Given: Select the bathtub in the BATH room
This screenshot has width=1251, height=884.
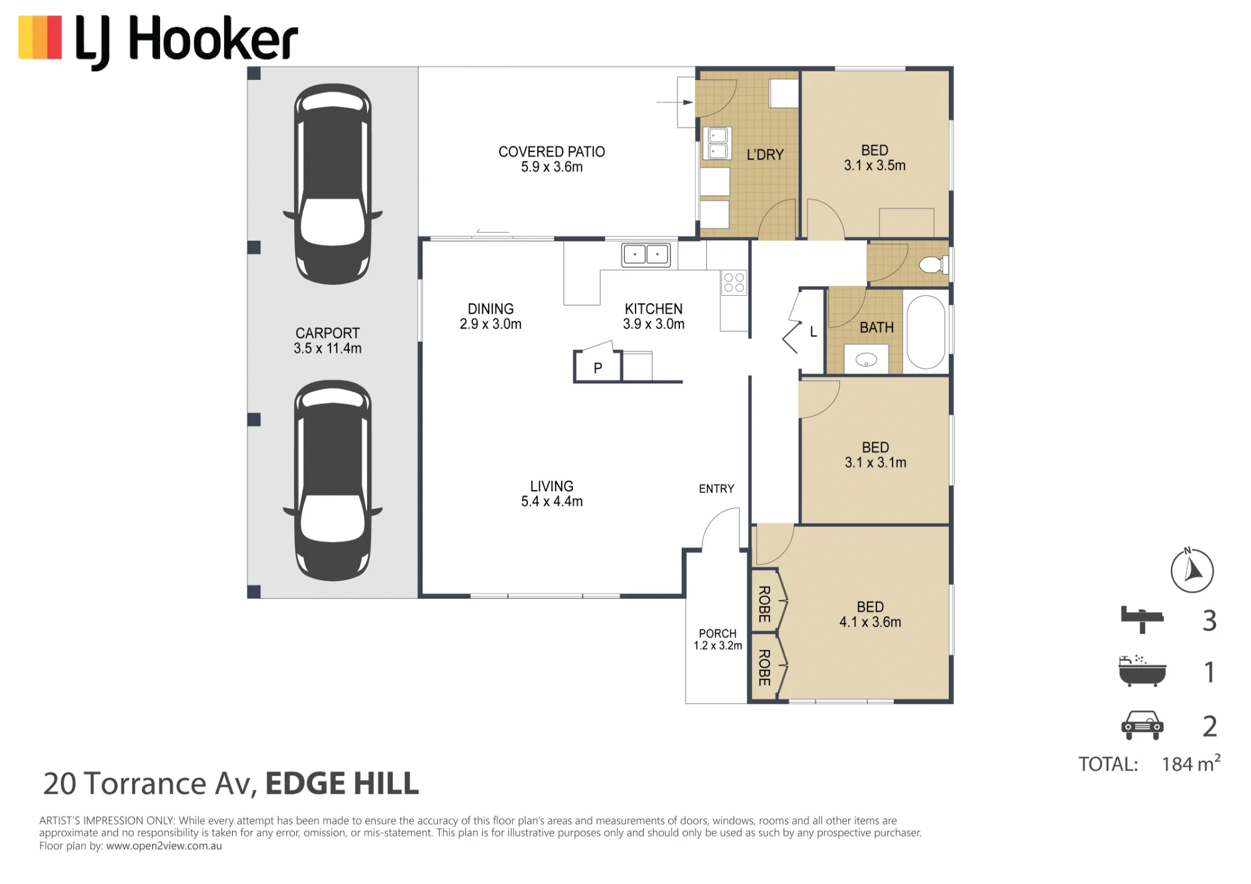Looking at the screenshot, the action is (926, 331).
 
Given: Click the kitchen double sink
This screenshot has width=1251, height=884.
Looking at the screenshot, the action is (646, 255).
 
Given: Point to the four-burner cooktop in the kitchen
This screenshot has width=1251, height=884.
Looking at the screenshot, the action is (734, 283).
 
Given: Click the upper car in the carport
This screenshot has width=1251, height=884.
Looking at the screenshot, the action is (333, 184).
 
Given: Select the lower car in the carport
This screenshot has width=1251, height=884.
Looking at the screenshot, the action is (333, 481).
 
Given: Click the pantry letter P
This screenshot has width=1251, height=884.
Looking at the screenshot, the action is (598, 368).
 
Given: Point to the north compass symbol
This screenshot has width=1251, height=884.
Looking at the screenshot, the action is (1192, 570).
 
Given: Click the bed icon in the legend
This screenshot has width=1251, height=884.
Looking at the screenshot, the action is (1142, 620).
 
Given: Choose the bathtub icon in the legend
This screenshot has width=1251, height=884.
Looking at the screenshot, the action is (1142, 671).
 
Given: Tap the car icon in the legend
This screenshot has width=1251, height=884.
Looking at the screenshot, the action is (1142, 725).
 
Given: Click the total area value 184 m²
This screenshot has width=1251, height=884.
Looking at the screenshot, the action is (1191, 764).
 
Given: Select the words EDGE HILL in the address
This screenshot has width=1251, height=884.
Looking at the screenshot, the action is (342, 784).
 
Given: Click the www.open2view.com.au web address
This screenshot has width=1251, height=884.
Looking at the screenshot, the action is (164, 846).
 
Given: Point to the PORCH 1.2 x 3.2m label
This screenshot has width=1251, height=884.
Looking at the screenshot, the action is (717, 640).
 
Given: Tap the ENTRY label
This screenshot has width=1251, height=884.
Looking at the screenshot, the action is (717, 489).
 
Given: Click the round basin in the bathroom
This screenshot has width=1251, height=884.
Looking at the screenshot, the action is (866, 359).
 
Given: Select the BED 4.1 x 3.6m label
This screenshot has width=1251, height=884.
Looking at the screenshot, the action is (870, 615).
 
